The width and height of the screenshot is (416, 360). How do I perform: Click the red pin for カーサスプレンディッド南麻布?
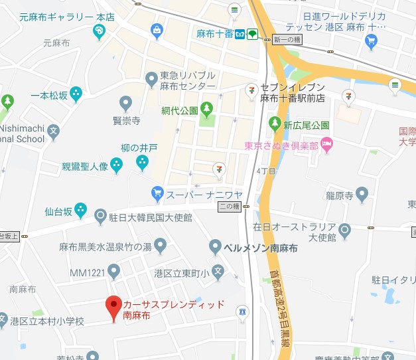[x=113, y=306]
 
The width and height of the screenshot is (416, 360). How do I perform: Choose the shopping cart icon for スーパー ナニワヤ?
[x=157, y=193]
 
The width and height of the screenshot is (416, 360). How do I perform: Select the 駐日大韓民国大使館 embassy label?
[x=152, y=217]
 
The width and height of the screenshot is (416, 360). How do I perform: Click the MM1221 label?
[x=88, y=272]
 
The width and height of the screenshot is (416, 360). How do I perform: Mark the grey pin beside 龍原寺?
[x=362, y=195]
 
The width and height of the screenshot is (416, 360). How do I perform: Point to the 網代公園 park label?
[x=180, y=110]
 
